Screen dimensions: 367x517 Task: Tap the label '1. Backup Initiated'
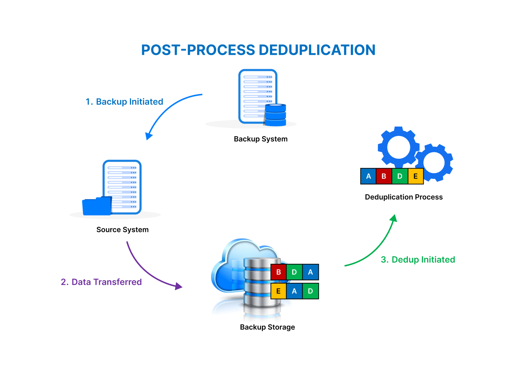(x=124, y=102)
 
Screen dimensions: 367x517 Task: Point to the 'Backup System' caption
(x=261, y=139)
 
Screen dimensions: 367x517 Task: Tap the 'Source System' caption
(x=122, y=230)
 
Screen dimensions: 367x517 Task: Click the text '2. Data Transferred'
(x=101, y=282)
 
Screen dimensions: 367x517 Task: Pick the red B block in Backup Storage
(x=278, y=272)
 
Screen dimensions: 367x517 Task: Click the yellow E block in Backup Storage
(x=278, y=291)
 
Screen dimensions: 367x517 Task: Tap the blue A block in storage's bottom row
(x=294, y=291)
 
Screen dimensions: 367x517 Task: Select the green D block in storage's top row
(x=294, y=272)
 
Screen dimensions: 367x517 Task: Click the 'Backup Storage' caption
(x=267, y=327)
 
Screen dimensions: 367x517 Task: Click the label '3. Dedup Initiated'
(x=418, y=260)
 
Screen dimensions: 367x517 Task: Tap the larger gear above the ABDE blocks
(x=399, y=147)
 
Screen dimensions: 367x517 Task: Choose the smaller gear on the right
(x=434, y=163)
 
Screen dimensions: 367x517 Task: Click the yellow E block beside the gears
(x=416, y=176)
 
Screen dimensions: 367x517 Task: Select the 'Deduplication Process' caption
(x=404, y=197)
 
